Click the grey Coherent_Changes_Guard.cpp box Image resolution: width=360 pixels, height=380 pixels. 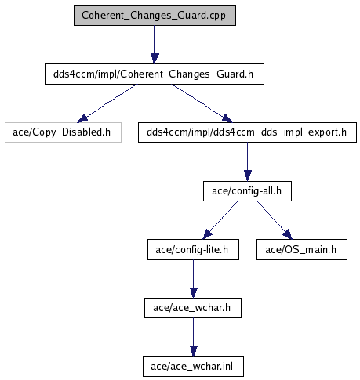pos(155,16)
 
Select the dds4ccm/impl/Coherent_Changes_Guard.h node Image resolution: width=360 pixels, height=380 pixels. pos(155,74)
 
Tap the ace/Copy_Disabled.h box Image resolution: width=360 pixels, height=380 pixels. pos(63,132)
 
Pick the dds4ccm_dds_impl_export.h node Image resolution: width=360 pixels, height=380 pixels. pos(247,132)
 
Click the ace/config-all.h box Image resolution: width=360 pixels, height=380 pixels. pos(247,191)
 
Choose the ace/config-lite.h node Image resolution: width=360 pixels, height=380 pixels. pos(193,250)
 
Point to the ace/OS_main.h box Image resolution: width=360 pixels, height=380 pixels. pos(302,250)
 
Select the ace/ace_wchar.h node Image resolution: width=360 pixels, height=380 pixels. pos(193,308)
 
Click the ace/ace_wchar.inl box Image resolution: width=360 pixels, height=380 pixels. pos(193,367)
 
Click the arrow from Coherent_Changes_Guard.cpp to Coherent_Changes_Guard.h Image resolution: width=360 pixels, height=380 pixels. pos(155,45)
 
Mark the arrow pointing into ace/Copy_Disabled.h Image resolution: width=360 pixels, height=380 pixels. pos(107,103)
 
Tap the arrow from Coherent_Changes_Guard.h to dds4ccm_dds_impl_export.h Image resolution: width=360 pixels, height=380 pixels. pos(202,103)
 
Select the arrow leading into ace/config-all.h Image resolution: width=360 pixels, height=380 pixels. pos(248,161)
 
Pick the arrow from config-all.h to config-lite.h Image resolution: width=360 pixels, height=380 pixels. pos(220,220)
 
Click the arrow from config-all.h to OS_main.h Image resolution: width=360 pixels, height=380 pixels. pos(275,220)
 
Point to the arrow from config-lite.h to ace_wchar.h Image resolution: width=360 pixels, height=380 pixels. pos(194,279)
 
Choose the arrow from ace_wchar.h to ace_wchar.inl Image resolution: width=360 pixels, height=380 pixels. pos(194,337)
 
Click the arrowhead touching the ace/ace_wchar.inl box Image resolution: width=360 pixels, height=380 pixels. pos(194,352)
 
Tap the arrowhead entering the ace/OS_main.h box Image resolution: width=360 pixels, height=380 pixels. pos(288,234)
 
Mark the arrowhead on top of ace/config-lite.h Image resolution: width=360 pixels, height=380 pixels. pos(207,234)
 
